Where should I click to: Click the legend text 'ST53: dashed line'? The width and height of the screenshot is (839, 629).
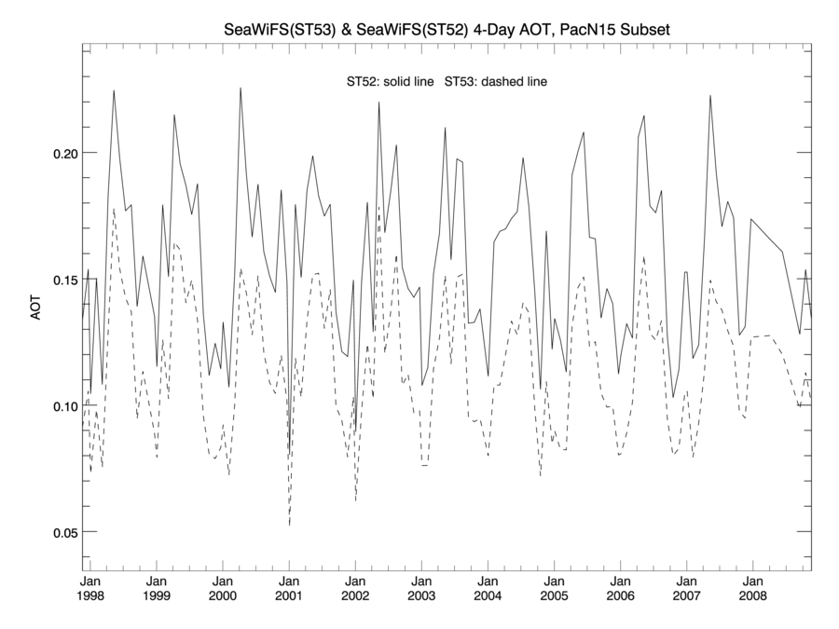click(x=495, y=82)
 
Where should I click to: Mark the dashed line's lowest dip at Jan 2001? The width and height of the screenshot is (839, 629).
click(x=289, y=526)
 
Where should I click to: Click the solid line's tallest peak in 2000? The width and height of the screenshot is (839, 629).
click(x=241, y=89)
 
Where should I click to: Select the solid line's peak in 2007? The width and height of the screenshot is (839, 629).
click(x=710, y=95)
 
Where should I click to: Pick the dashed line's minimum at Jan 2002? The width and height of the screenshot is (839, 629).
click(x=355, y=500)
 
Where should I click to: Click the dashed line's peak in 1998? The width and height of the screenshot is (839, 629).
click(x=114, y=209)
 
